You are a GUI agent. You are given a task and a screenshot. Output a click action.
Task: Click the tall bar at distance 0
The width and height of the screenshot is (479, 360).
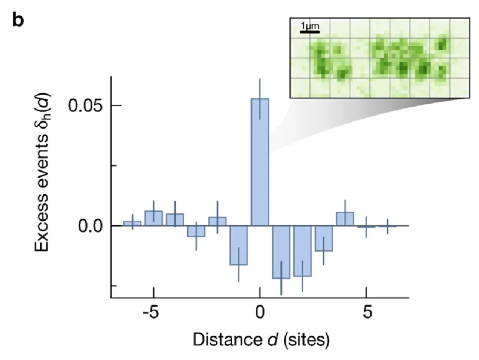click(260, 162)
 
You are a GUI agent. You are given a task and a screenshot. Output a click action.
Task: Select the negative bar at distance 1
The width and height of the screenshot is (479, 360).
click(281, 252)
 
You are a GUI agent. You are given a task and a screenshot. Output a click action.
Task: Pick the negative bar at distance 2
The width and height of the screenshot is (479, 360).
click(302, 251)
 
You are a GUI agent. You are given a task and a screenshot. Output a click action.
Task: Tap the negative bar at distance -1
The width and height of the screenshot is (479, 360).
click(238, 245)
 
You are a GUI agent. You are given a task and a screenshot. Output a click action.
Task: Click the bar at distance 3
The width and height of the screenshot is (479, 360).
click(324, 239)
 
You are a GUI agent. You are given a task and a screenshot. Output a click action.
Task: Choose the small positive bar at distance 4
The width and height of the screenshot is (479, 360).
click(345, 219)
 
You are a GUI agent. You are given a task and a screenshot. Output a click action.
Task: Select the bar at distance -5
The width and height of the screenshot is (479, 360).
click(153, 218)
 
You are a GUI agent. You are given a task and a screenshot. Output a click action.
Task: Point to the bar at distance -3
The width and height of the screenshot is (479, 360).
click(196, 231)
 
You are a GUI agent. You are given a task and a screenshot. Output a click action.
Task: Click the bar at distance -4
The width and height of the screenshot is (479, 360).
click(175, 220)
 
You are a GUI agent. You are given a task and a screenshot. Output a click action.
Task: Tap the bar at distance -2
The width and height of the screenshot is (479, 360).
click(217, 221)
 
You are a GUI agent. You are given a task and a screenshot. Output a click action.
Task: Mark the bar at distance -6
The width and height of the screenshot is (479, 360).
click(132, 224)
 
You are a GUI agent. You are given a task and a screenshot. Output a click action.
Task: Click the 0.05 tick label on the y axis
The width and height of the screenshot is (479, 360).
click(85, 106)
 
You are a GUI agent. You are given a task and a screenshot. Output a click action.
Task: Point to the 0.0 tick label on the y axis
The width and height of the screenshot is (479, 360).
click(90, 226)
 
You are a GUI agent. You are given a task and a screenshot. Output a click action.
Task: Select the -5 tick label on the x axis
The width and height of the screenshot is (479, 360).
click(150, 312)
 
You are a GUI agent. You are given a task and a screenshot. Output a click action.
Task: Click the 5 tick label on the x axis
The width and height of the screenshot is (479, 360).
click(367, 312)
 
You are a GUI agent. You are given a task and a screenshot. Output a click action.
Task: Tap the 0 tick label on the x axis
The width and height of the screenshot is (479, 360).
click(260, 312)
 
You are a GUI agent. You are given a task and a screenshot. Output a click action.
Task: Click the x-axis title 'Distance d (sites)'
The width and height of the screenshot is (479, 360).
click(261, 340)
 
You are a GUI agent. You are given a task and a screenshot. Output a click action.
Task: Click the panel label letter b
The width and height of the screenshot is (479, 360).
click(18, 20)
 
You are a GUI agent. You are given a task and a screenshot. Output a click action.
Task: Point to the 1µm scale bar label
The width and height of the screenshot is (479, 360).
click(310, 26)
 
